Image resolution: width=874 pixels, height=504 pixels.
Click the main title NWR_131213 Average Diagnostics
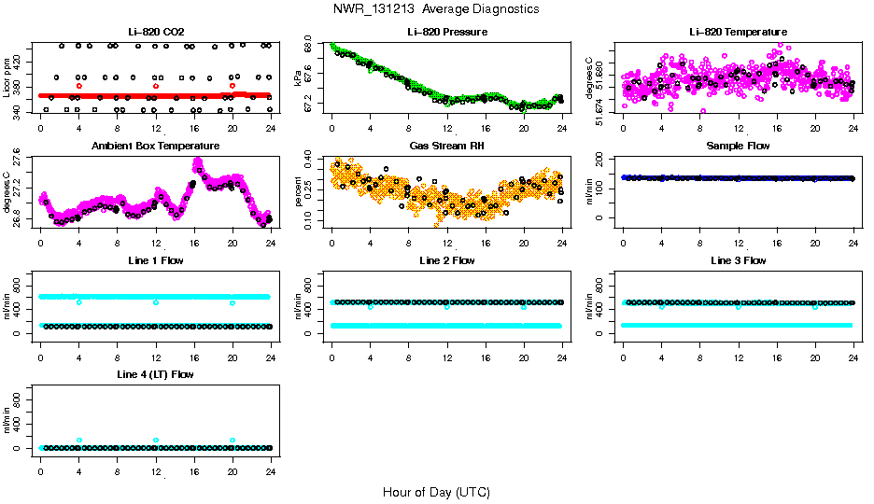(436, 9)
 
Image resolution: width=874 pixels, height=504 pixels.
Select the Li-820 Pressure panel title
(446, 33)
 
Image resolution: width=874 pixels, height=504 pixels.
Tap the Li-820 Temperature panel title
(738, 33)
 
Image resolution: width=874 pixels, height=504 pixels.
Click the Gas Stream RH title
(446, 147)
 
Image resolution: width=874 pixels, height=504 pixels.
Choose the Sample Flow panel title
(738, 147)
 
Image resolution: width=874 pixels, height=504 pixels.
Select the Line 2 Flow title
(446, 260)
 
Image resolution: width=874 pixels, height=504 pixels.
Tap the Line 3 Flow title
(738, 260)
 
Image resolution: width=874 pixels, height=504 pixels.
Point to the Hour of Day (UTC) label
(436, 492)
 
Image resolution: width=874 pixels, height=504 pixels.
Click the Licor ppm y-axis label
(7, 77)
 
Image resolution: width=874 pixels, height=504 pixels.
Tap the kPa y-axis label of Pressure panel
(299, 77)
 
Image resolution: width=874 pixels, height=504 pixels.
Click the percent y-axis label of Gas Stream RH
(299, 191)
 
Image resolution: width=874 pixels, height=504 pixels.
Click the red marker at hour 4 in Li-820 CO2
(78, 86)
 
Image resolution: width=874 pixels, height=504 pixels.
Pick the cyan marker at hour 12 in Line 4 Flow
(156, 440)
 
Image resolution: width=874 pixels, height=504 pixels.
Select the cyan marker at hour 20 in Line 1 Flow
(233, 303)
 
